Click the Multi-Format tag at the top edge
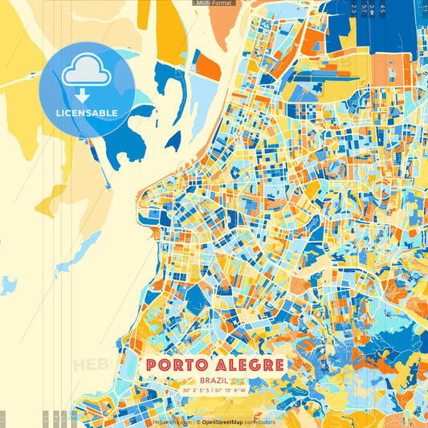coord(214,3)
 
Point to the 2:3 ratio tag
coord(353,9)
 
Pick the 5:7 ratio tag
coord(367,9)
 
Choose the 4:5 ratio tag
coord(382,9)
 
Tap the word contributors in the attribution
coord(259,422)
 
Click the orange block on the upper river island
coord(208,67)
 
